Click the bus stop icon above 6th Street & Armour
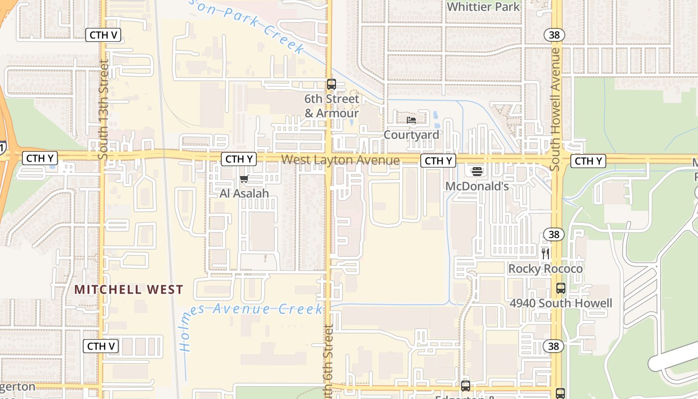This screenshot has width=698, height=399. (332, 84)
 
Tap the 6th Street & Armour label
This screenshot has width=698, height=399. (332, 106)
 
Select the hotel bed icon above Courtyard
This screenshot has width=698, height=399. (411, 120)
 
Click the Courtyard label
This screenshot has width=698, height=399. (411, 135)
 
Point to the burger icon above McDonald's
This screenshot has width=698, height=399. (477, 172)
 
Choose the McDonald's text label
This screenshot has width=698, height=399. (477, 186)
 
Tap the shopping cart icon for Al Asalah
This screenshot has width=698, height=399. (244, 179)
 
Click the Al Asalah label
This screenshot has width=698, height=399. (244, 194)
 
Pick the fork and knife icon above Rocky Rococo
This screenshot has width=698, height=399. (545, 254)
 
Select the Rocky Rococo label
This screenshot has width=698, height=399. (545, 269)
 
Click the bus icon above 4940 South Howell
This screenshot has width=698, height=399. (561, 288)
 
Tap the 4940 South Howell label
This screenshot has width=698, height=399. (561, 303)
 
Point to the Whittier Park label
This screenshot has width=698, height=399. (483, 6)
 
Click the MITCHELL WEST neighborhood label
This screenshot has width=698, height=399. (129, 289)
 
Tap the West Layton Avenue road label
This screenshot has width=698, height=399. (340, 160)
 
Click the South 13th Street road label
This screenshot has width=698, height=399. (104, 110)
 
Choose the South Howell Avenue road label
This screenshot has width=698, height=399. (555, 110)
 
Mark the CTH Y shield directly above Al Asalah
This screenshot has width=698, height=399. (239, 159)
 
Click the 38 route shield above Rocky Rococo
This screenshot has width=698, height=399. (553, 234)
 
